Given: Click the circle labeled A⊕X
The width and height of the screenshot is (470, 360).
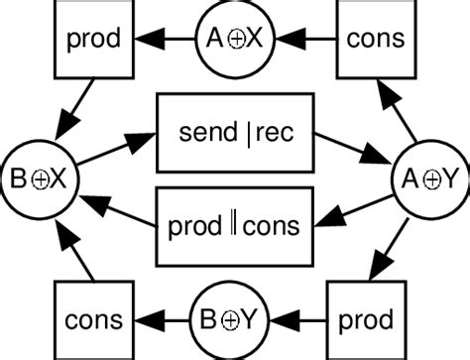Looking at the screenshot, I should [x=236, y=40].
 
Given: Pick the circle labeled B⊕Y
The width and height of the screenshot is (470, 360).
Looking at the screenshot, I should [x=236, y=320].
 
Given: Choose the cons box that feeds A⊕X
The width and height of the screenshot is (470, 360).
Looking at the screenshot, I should [x=376, y=40].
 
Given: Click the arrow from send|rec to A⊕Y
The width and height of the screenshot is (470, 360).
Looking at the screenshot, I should [x=349, y=150].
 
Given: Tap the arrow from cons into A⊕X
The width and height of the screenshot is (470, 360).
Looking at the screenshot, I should [x=307, y=40].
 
